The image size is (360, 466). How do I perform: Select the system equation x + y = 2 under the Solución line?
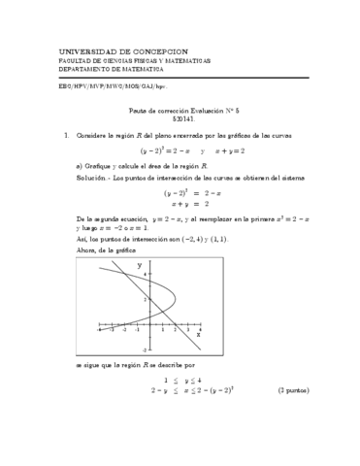pyautogui.click(x=190, y=204)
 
